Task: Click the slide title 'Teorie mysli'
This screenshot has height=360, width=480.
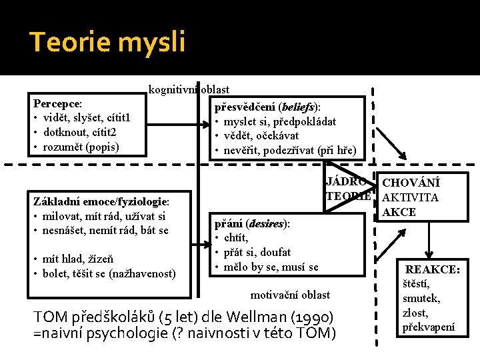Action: [x=107, y=42]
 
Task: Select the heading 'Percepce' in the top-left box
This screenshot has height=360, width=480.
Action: [x=57, y=104]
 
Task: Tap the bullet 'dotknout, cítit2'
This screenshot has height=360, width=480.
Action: [x=80, y=132]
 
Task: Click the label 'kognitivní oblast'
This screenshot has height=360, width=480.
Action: [x=189, y=89]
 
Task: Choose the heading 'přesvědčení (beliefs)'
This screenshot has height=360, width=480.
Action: [x=266, y=107]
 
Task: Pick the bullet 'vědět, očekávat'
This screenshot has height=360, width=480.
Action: [x=261, y=135]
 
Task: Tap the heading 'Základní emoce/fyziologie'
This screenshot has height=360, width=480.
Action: [x=100, y=201]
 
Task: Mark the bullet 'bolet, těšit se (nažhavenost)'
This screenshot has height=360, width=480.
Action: [x=109, y=273]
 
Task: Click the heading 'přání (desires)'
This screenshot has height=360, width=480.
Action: [x=251, y=223]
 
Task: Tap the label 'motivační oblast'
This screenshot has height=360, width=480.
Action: [x=290, y=294]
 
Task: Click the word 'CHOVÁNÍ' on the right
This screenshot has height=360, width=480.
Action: [x=411, y=183]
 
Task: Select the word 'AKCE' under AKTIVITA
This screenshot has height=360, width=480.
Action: [x=399, y=212]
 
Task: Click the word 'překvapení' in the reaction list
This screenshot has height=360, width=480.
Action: [x=429, y=327]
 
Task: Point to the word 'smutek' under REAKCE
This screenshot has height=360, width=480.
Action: [x=420, y=299]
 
